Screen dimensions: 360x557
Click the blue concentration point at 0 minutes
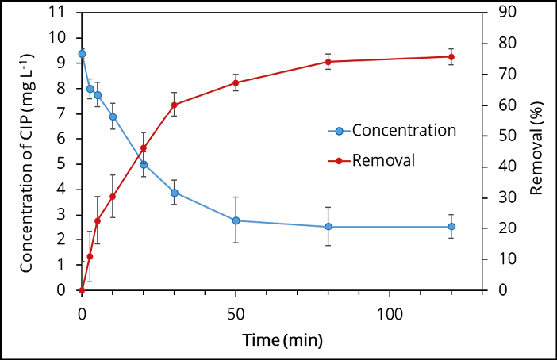[x=82, y=54]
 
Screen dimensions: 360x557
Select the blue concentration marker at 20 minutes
[x=144, y=164]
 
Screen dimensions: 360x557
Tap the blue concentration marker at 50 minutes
[x=236, y=220]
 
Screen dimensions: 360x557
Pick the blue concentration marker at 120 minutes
[x=451, y=227]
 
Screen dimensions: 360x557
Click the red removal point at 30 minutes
[x=174, y=105]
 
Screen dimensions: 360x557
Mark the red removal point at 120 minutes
[x=451, y=56]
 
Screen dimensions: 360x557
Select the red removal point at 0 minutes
[x=82, y=290]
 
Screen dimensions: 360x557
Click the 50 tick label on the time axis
[x=236, y=312]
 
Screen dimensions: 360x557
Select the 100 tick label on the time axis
[x=390, y=312]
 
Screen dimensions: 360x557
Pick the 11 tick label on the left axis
[x=56, y=12]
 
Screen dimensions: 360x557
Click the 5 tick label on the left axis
[x=60, y=164]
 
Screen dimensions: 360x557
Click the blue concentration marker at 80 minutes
[x=328, y=227]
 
